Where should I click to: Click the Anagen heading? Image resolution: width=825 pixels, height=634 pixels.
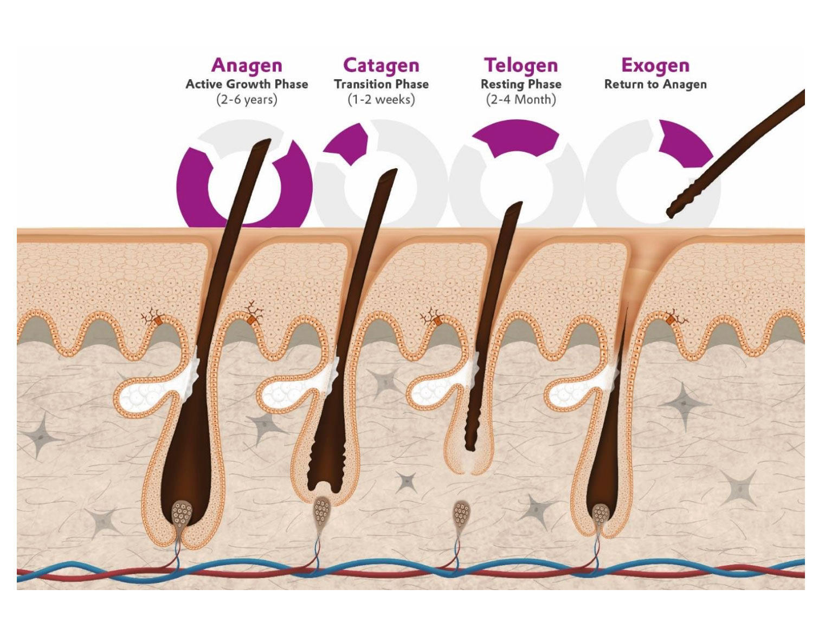[x=247, y=65]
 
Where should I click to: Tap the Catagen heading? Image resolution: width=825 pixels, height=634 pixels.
[x=381, y=65]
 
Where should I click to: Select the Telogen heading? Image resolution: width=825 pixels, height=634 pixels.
[x=521, y=65]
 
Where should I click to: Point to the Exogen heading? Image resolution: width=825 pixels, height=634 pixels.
[x=655, y=65]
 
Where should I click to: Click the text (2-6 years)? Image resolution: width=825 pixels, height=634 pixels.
[x=247, y=100]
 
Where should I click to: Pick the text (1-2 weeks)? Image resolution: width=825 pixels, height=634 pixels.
[x=381, y=100]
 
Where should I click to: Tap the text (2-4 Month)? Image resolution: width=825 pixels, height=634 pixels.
[x=521, y=100]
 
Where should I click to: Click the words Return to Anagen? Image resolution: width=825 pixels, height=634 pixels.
[x=655, y=84]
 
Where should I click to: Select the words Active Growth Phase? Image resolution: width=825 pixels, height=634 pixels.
[x=247, y=84]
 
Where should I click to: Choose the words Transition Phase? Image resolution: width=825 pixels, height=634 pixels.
[x=381, y=84]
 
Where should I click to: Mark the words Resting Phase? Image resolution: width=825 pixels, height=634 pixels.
[x=521, y=84]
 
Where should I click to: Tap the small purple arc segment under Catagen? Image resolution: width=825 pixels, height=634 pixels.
[x=349, y=143]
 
